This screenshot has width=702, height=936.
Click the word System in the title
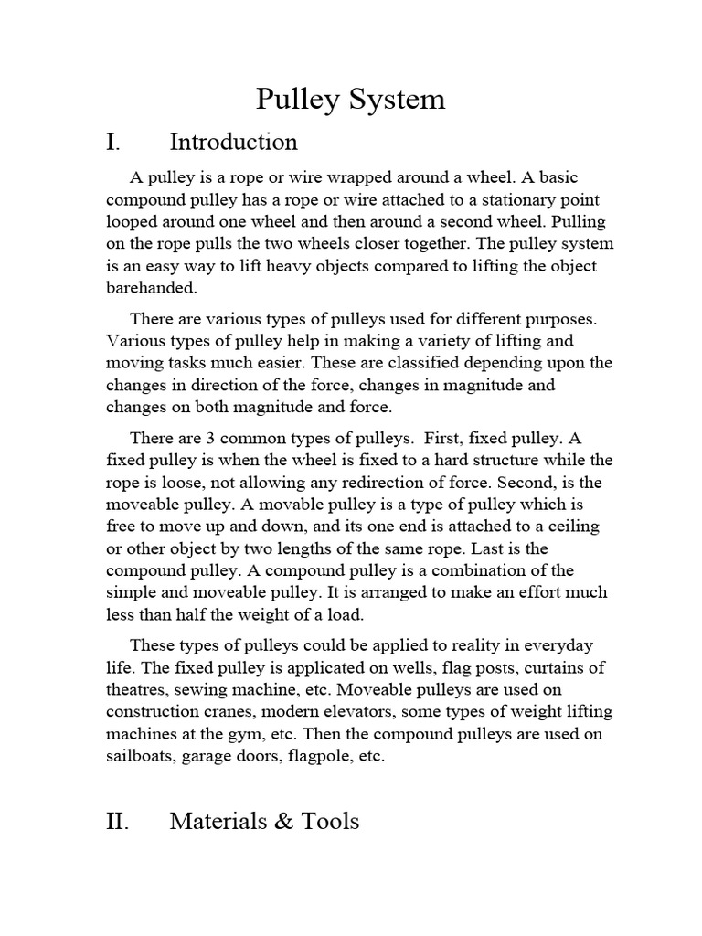(x=397, y=99)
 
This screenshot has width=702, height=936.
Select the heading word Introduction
(x=233, y=143)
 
